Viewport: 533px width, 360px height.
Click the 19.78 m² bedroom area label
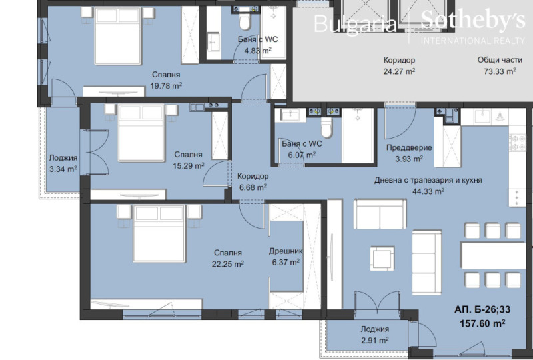point(166,85)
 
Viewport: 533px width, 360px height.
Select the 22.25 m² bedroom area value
point(228,263)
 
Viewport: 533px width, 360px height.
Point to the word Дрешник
point(286,252)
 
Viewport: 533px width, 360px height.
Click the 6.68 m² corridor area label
point(252,187)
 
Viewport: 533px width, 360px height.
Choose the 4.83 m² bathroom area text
point(258,51)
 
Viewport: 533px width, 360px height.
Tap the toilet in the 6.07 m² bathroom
point(326,125)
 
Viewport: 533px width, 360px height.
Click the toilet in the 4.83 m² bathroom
point(244,23)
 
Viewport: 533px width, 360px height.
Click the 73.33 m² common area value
point(500,71)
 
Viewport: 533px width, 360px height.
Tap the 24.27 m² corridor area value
point(399,71)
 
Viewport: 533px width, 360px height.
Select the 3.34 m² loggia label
point(63,169)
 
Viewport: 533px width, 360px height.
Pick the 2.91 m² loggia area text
point(374,340)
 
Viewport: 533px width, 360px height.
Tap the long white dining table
point(492,254)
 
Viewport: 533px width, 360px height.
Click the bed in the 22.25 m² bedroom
point(158,235)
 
